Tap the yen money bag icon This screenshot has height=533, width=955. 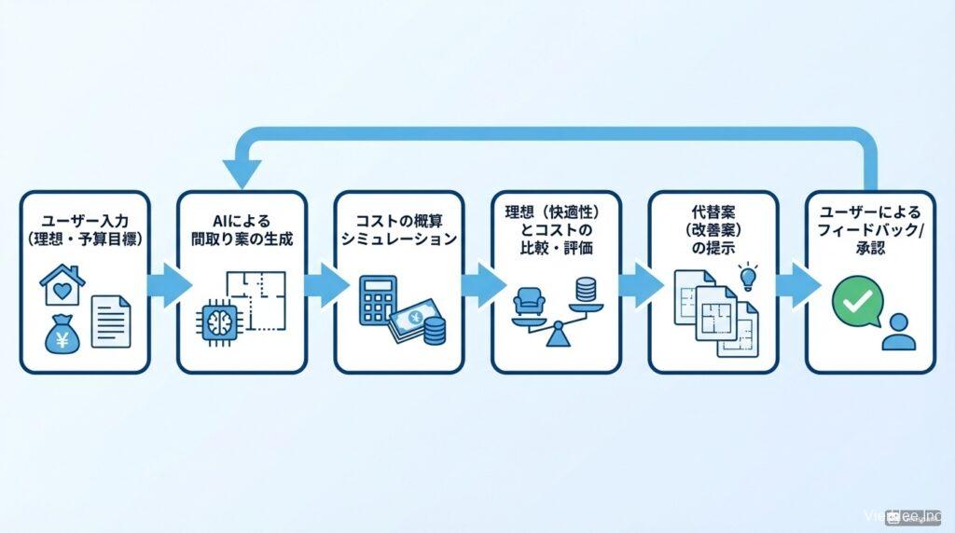[62, 336]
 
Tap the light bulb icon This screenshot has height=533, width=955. [745, 276]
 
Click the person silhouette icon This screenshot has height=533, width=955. [899, 332]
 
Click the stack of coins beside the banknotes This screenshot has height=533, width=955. [435, 328]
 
